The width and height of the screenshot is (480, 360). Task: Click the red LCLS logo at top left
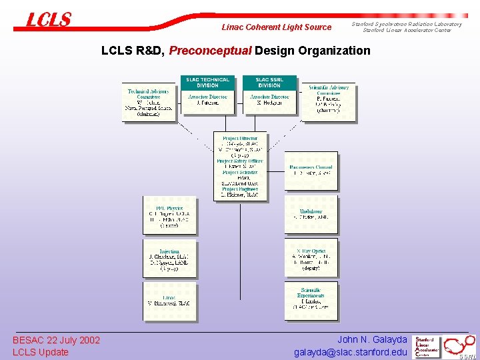(49, 20)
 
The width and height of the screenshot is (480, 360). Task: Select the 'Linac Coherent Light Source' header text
(276, 27)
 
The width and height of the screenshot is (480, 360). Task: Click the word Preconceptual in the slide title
(210, 51)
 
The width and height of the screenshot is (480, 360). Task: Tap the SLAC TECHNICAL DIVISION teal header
(207, 83)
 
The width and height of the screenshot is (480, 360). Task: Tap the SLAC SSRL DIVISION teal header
(269, 83)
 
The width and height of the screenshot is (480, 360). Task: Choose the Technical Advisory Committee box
(149, 102)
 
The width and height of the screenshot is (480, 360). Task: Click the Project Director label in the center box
(239, 138)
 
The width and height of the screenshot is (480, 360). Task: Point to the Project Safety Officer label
(239, 161)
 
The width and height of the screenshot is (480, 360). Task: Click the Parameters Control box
(311, 170)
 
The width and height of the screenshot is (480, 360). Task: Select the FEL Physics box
(169, 214)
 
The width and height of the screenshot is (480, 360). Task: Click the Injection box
(169, 258)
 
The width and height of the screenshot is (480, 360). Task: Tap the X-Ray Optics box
(311, 258)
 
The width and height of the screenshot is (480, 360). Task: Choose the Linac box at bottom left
(169, 300)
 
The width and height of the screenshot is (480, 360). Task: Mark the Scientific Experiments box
(311, 300)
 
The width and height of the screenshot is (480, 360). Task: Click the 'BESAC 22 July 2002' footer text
(56, 341)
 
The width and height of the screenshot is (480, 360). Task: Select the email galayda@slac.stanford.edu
(350, 353)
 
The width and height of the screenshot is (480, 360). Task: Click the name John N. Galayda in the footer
(372, 340)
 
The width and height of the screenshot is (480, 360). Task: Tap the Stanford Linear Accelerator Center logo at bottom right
(427, 346)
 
